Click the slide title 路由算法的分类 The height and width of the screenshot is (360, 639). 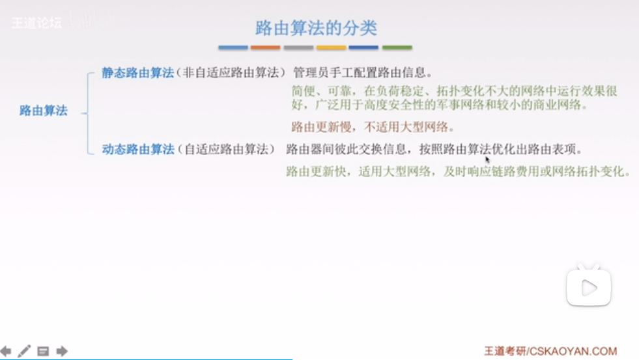coord(316,28)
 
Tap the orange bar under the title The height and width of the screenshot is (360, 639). coord(265,48)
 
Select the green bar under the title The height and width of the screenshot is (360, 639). coord(397,48)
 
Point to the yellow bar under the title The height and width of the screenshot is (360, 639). coord(332,48)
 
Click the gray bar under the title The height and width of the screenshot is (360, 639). coord(298,48)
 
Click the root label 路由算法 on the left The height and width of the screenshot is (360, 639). coord(44,111)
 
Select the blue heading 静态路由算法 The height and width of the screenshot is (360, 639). coord(137,73)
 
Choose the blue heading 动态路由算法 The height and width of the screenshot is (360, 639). coord(138,150)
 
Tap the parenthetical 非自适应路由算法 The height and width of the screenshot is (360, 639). coord(231,73)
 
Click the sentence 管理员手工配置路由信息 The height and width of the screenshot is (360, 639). coord(360,73)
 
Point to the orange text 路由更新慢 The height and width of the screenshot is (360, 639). coord(322,127)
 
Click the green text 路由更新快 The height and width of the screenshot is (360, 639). coord(316,171)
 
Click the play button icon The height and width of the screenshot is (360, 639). coord(589,288)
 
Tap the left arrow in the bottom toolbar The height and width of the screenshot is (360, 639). coord(6,351)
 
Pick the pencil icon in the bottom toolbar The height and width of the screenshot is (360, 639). coord(24,351)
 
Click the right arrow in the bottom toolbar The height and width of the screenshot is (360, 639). coord(62,351)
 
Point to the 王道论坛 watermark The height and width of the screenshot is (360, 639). coord(36,23)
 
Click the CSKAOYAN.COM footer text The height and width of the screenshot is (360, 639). coord(573,351)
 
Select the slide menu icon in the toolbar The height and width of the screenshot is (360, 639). coord(43,351)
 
